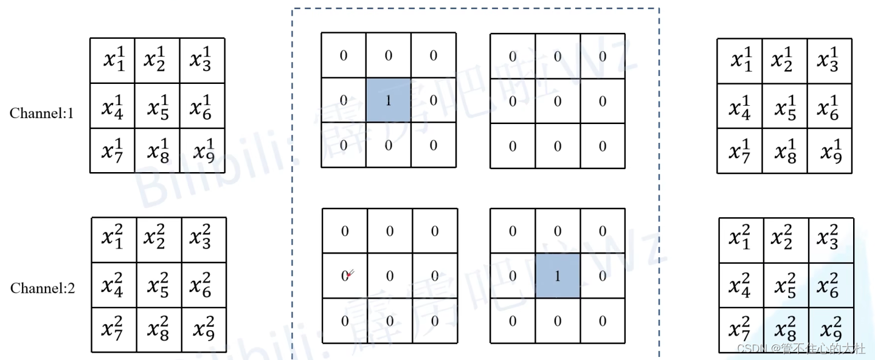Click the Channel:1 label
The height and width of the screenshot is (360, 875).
click(41, 113)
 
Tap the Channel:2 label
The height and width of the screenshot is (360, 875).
click(43, 288)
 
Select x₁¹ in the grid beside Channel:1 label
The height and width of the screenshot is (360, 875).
click(114, 61)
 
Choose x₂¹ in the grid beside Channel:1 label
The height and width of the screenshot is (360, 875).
click(157, 61)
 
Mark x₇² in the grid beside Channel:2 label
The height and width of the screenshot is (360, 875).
click(114, 330)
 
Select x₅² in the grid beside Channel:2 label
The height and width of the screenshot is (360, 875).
click(159, 285)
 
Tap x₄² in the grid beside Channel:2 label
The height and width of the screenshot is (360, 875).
click(114, 285)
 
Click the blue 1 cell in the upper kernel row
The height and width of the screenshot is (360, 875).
click(389, 100)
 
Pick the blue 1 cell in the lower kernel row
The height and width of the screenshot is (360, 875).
click(558, 276)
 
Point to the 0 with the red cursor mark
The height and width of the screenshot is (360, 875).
click(345, 276)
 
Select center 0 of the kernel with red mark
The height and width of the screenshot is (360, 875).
click(390, 276)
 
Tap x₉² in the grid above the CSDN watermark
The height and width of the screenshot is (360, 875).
click(831, 330)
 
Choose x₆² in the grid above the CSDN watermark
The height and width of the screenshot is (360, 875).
click(831, 285)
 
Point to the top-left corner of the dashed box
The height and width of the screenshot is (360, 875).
click(293, 9)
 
